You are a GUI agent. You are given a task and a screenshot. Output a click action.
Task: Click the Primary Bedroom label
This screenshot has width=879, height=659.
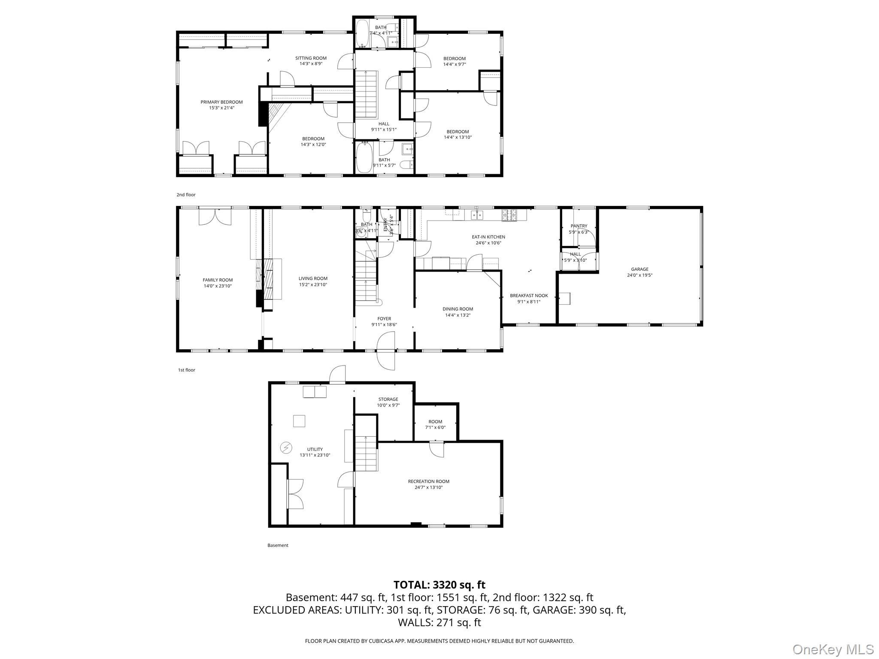coord(221,102)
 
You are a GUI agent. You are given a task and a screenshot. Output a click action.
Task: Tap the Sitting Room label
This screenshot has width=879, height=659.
coord(311,58)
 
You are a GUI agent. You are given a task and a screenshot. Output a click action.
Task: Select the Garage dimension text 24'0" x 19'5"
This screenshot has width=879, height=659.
coord(640,275)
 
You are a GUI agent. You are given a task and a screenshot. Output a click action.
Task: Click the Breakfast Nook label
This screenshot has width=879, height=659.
coord(529,296)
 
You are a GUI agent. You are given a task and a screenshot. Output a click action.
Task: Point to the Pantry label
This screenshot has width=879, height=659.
coord(579,226)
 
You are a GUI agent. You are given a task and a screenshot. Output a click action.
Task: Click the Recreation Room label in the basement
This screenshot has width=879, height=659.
coord(428,481)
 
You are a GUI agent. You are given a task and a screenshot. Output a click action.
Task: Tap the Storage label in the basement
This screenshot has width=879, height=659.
coord(388,399)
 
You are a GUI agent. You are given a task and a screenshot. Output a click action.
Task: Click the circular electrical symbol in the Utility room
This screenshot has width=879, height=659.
coord(286,448)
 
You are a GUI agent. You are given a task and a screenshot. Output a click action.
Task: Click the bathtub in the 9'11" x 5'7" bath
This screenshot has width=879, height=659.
coord(364,157)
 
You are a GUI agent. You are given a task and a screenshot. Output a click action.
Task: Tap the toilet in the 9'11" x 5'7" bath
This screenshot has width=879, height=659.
coord(406,165)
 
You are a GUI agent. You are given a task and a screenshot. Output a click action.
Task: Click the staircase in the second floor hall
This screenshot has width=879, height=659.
coord(366,94)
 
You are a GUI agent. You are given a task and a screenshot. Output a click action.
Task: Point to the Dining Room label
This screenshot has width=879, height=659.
coord(458,309)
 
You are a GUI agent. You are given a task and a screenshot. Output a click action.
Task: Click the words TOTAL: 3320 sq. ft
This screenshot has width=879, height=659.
coord(439,585)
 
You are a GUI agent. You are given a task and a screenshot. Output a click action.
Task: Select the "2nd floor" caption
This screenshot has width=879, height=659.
coord(186,195)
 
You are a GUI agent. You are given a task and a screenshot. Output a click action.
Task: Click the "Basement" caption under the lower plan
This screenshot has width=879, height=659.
coord(278,545)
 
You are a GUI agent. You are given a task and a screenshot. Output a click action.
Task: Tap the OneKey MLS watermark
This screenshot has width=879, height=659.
coord(833,649)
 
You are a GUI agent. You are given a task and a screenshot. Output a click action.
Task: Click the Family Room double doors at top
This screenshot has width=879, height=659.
coord(215,217)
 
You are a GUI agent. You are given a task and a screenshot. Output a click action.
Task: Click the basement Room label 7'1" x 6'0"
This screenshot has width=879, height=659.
coord(435,422)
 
